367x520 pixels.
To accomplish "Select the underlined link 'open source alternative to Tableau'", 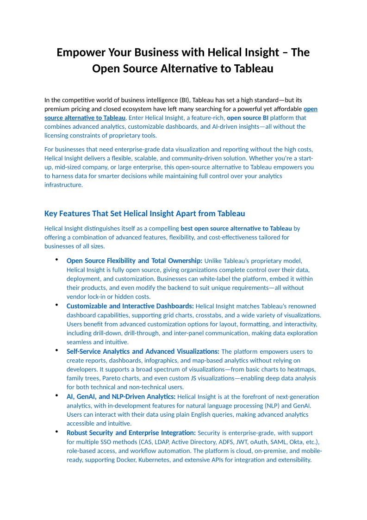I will point(85,118).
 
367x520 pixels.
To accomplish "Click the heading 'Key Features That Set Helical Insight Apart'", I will point(144,213).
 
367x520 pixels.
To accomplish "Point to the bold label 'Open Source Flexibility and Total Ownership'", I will point(134,261).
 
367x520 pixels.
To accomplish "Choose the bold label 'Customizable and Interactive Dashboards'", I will point(130,306).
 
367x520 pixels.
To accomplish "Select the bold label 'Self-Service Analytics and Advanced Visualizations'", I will point(143,351).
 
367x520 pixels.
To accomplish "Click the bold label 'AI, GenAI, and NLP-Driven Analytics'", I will point(121,396).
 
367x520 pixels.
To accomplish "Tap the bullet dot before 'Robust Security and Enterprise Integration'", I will point(56,432).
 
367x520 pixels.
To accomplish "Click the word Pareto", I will point(111,378).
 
